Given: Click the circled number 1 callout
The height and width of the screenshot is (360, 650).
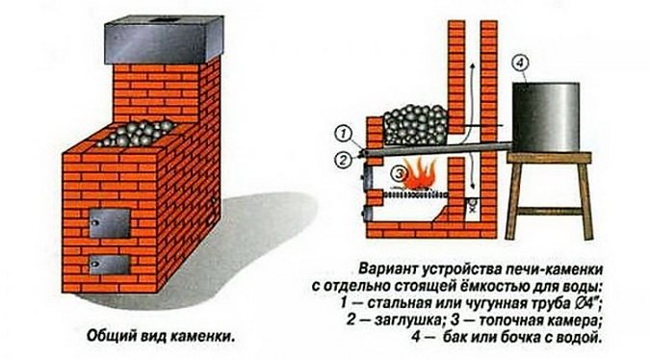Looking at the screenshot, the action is point(345,135).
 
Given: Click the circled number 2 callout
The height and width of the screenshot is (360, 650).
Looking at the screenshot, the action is point(344,160).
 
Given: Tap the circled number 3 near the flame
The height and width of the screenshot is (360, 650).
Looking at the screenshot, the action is point(400,173).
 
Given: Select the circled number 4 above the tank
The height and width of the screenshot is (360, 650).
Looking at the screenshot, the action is point(520,64).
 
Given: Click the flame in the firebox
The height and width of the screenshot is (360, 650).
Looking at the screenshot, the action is point(420,175).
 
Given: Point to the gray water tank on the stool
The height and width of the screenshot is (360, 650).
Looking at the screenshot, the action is point(546,117).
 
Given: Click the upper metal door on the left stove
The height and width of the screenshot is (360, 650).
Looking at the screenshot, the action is point(110,223).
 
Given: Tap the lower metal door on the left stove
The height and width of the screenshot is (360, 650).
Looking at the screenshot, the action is point(110,265).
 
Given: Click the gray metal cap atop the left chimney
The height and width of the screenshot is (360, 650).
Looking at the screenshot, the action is point(164,39).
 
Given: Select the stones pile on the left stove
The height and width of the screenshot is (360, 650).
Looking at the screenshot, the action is point(137,133).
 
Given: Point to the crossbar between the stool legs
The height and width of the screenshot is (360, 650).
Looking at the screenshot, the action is point(549,211).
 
